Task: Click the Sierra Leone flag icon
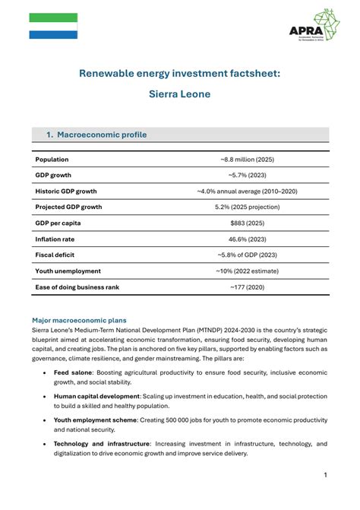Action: click(53, 26)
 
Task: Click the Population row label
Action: click(52, 160)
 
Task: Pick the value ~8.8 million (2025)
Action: click(247, 160)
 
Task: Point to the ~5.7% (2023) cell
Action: click(247, 176)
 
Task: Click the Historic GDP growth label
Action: click(66, 192)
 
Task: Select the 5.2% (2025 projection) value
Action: click(247, 207)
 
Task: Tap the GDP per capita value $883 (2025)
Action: click(247, 223)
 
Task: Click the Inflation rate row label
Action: click(55, 239)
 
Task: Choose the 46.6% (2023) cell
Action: click(247, 239)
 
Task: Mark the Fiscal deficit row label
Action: click(55, 255)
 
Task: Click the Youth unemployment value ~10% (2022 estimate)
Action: click(247, 271)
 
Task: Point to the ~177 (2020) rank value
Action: click(247, 287)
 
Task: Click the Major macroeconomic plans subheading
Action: click(79, 320)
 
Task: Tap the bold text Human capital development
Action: click(96, 397)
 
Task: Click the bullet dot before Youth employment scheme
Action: click(45, 420)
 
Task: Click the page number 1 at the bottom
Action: click(325, 475)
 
